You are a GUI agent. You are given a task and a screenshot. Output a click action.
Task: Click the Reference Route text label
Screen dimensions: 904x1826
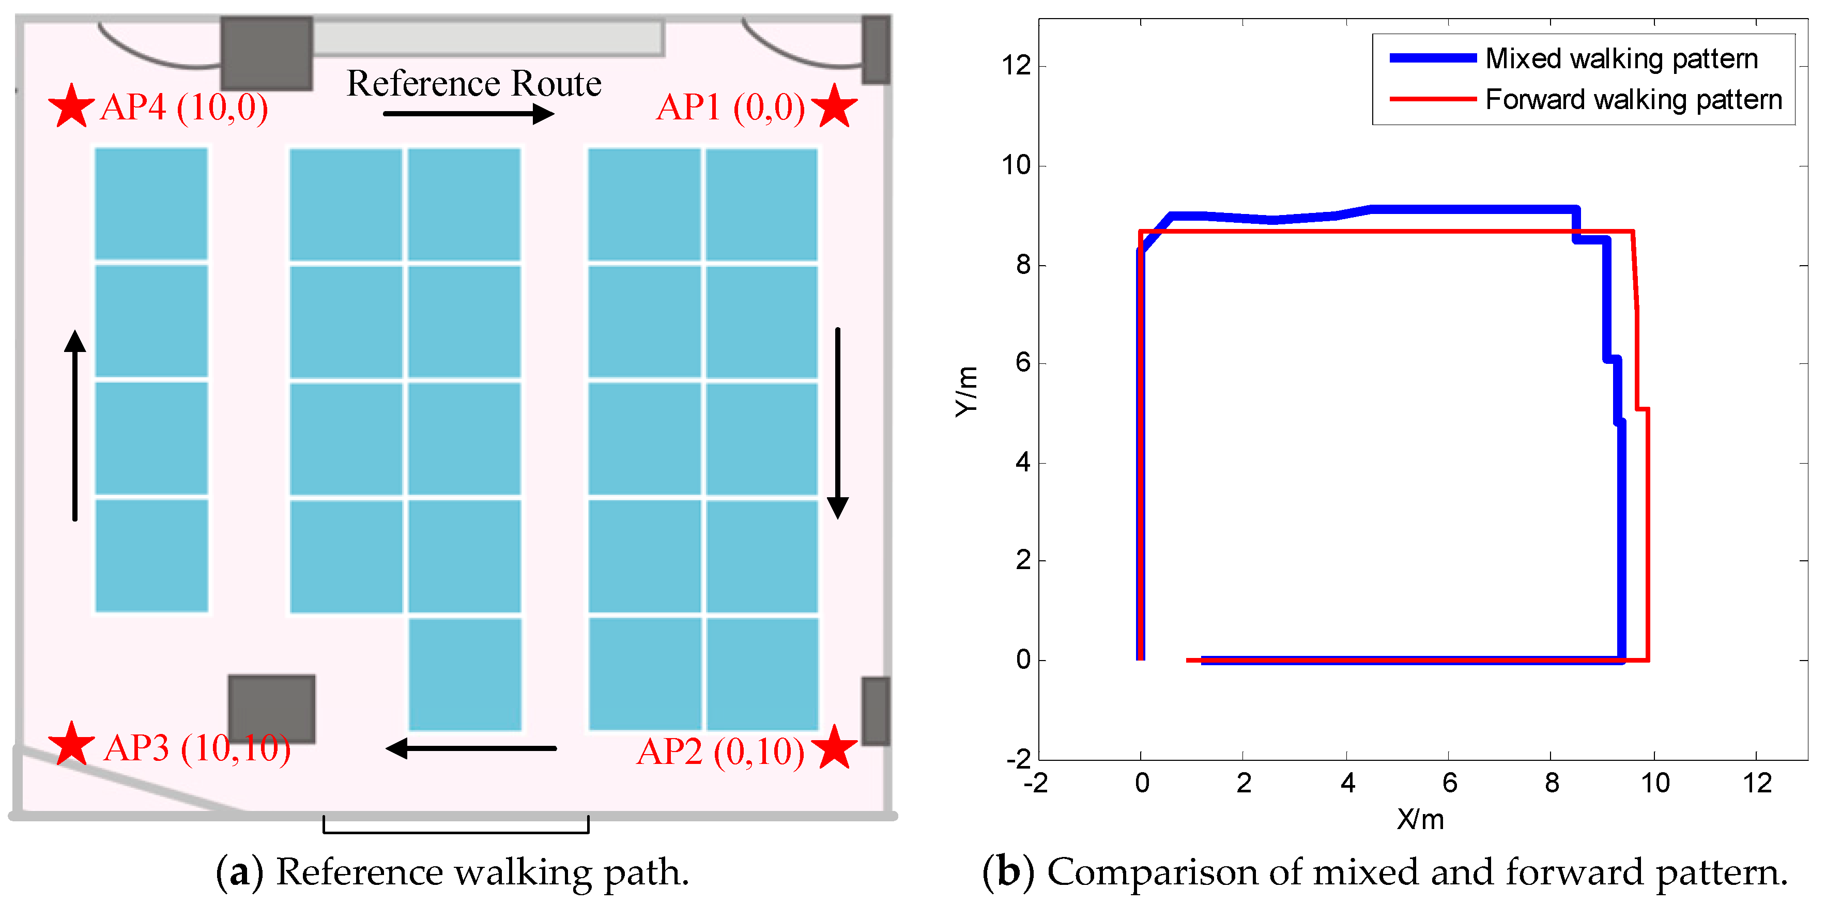coord(473,84)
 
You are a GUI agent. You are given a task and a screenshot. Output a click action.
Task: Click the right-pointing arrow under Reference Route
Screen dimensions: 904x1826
coord(468,113)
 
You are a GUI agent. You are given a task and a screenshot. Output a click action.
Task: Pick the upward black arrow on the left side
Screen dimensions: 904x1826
coord(75,425)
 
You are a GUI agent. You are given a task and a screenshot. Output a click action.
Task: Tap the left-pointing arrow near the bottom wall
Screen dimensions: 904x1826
coord(471,748)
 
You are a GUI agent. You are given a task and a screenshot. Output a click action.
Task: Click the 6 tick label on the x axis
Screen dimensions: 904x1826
coord(1449,783)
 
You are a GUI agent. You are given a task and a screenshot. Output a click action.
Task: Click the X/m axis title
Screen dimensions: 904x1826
coord(1420,820)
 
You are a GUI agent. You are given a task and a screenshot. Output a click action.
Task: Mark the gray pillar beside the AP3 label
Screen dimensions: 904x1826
coord(271,708)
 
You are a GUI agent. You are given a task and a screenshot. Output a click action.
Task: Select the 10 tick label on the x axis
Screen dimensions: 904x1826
coord(1654,783)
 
